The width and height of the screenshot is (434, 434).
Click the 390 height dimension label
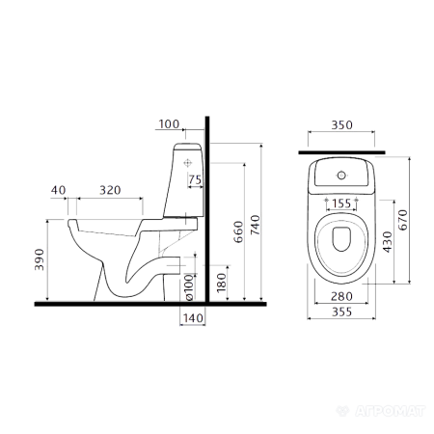point(40,259)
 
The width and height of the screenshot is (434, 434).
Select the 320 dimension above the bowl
point(110,190)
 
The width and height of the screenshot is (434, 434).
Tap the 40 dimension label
point(58,190)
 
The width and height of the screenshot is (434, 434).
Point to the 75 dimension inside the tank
point(195,179)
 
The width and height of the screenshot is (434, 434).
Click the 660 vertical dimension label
point(238,231)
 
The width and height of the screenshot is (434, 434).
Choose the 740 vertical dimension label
point(255,225)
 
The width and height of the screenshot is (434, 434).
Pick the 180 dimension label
point(222,283)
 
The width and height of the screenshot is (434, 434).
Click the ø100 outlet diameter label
point(190,287)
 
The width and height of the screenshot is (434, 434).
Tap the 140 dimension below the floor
point(193,318)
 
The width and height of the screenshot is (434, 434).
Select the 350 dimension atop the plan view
point(341,124)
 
